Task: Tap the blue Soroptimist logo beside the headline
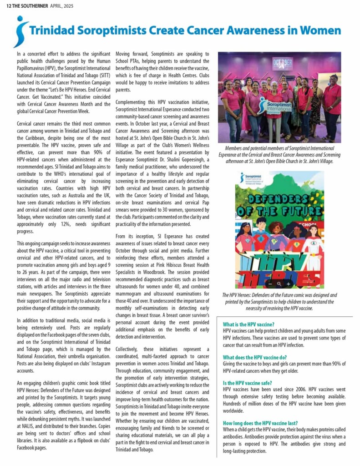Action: [x=20, y=31]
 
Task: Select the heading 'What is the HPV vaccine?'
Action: [x=248, y=324]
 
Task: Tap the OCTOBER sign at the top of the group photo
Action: [x=282, y=62]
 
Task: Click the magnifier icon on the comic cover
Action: [x=279, y=284]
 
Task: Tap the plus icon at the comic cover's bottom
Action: [x=288, y=284]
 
